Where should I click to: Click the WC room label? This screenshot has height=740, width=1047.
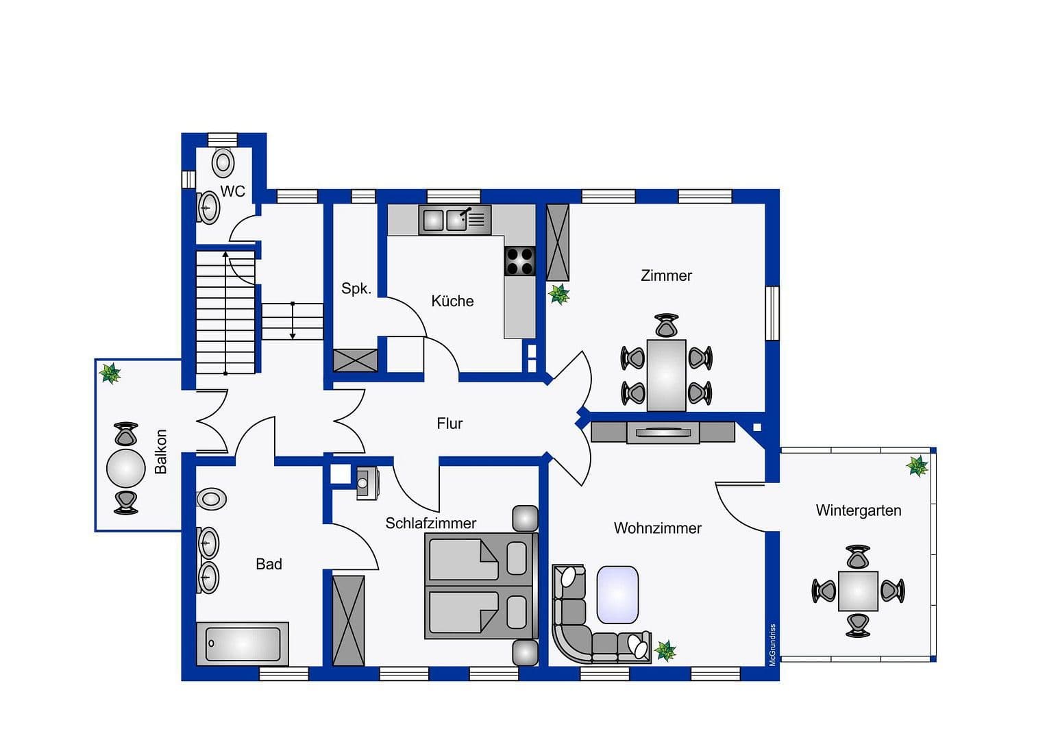point(232,191)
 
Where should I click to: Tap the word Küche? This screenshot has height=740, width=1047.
point(452,301)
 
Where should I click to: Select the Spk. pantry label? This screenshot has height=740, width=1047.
point(356,288)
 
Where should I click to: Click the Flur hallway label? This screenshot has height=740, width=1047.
point(449,423)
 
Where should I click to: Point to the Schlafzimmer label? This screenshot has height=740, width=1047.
point(430,523)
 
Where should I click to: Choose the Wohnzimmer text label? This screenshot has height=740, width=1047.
point(657,528)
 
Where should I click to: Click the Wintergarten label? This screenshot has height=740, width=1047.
point(858,510)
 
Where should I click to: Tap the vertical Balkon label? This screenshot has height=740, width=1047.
point(161,452)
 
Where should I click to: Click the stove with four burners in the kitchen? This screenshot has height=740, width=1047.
point(519,261)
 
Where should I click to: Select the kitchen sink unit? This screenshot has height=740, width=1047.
point(454,220)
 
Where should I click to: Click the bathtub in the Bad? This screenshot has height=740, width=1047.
point(243,643)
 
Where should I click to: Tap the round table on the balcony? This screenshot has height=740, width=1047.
point(126,469)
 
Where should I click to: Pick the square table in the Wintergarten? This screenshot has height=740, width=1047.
point(858,591)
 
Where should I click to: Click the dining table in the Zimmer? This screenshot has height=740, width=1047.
point(666,375)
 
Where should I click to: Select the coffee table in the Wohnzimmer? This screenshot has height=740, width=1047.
point(617,594)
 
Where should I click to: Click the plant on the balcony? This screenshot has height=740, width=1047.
point(110,373)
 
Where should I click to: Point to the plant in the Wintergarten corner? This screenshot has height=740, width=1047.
point(917,466)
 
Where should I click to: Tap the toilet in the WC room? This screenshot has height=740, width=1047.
point(223,163)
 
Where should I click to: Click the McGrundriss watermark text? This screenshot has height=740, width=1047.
point(772,645)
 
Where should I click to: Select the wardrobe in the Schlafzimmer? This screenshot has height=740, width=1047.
point(348,620)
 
